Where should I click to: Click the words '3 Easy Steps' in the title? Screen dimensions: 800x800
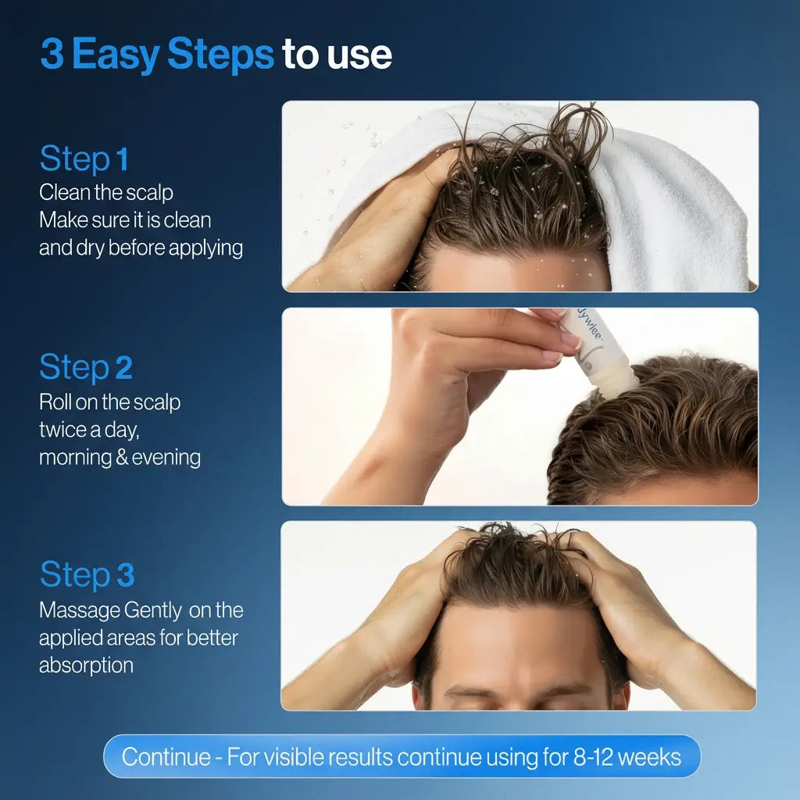(157, 55)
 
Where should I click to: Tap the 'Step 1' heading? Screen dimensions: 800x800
(84, 159)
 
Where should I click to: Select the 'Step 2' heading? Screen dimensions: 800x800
(86, 367)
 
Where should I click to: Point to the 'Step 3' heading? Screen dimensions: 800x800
(87, 574)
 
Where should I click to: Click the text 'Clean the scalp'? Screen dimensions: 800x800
(106, 192)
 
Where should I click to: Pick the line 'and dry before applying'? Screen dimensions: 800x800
(141, 248)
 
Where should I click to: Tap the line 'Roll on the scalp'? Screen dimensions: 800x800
(109, 402)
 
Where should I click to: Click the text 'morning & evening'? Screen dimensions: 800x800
(120, 457)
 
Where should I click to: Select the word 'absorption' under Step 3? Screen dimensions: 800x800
(86, 665)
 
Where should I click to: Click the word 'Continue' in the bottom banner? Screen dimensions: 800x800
(166, 756)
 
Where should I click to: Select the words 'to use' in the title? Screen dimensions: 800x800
(337, 55)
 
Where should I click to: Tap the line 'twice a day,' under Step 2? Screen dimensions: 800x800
(89, 430)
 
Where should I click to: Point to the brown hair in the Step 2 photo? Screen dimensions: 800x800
(672, 422)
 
